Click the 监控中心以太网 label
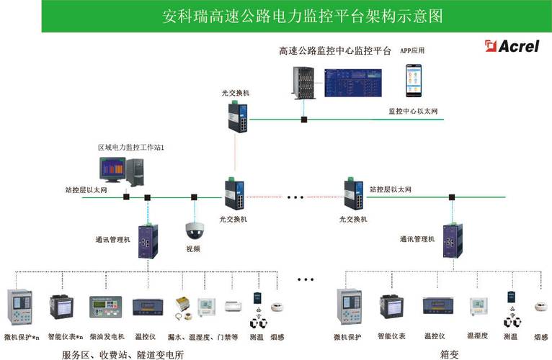(413, 111)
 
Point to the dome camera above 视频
(194, 230)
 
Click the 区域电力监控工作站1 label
(132, 148)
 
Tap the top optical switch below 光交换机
(239, 116)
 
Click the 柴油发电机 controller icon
(106, 308)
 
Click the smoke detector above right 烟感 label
(540, 307)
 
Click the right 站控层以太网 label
(390, 189)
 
